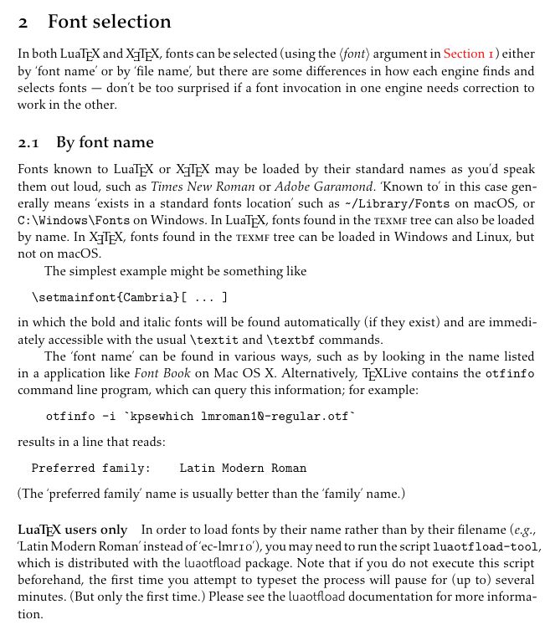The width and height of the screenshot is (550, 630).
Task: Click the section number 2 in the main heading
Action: pyautogui.click(x=23, y=22)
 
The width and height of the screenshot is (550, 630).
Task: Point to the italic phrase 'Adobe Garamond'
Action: pyautogui.click(x=324, y=187)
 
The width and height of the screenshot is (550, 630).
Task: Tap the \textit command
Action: pyautogui.click(x=215, y=340)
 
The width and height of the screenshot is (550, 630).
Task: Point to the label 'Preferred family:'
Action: pyautogui.click(x=90, y=469)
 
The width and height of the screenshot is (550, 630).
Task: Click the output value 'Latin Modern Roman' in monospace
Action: pyautogui.click(x=243, y=469)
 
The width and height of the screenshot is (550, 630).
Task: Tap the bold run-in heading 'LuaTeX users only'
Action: pyautogui.click(x=72, y=530)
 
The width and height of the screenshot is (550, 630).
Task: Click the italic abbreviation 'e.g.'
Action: pyautogui.click(x=524, y=530)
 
